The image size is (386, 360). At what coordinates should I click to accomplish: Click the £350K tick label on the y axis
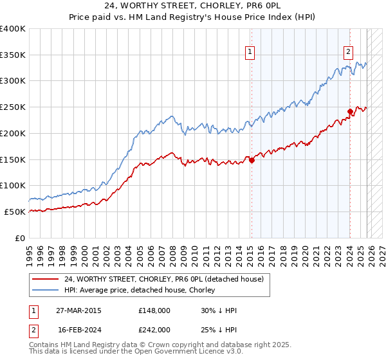tap(13, 55)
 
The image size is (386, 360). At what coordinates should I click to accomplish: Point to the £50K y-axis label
tap(15, 212)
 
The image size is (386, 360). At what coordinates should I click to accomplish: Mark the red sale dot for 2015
tap(252, 161)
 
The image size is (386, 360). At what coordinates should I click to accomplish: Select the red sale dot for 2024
tap(350, 111)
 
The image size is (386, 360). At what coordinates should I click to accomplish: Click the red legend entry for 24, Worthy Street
tap(164, 279)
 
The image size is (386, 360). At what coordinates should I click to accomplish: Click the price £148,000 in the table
tap(154, 310)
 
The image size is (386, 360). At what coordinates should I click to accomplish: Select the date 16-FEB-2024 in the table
tap(78, 329)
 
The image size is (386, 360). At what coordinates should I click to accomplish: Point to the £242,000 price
tap(154, 329)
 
